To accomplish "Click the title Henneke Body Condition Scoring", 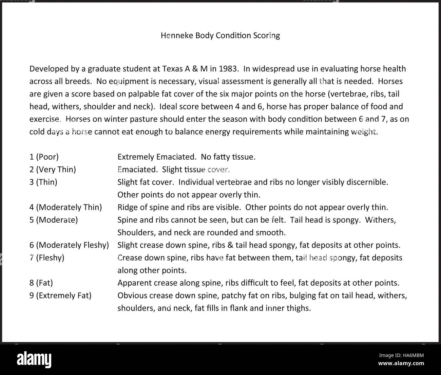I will [220, 35].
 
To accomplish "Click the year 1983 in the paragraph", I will [228, 69].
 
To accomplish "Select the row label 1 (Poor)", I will [44, 157].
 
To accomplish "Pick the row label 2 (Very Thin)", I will [53, 169].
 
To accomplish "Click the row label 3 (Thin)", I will [43, 182].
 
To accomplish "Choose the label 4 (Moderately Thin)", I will [65, 207].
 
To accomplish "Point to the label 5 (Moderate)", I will [53, 220].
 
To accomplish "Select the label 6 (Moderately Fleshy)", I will [69, 245].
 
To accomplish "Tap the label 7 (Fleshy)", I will [46, 257].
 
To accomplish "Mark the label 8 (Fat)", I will [41, 283].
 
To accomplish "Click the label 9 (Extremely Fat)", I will [60, 295].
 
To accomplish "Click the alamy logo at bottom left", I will [34, 359].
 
